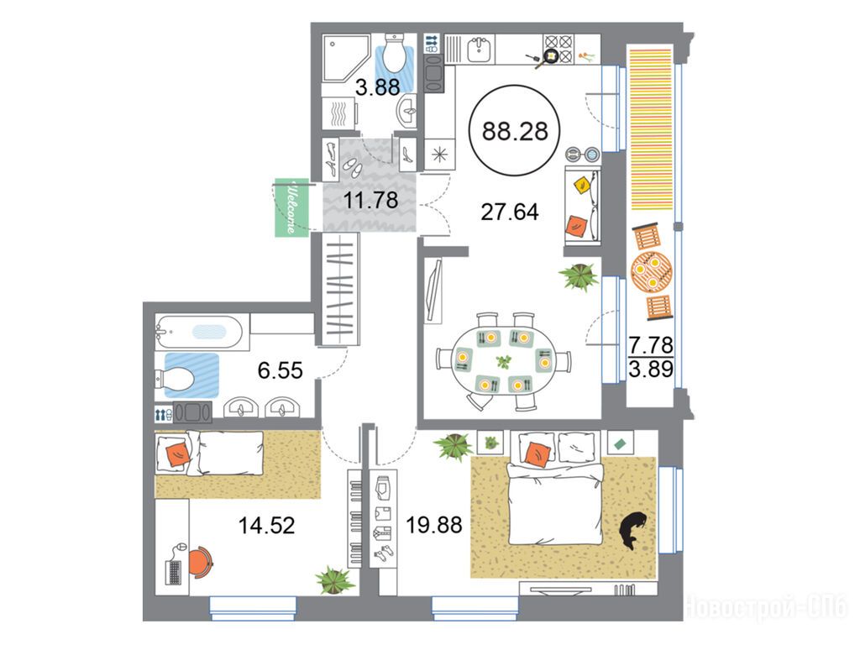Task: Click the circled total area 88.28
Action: (x=515, y=131)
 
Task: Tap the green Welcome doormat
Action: (x=291, y=207)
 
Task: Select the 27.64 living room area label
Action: (x=510, y=212)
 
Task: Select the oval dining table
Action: (x=504, y=361)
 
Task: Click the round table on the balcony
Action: (x=651, y=271)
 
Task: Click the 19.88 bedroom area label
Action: (x=434, y=525)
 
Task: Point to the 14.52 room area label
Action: (x=266, y=526)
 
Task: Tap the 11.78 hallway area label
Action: (x=370, y=200)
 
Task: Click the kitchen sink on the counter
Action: (x=480, y=50)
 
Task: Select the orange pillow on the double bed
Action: (x=538, y=454)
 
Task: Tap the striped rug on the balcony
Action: (x=651, y=129)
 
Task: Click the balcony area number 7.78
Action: (x=651, y=345)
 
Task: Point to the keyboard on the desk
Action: (x=173, y=572)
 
